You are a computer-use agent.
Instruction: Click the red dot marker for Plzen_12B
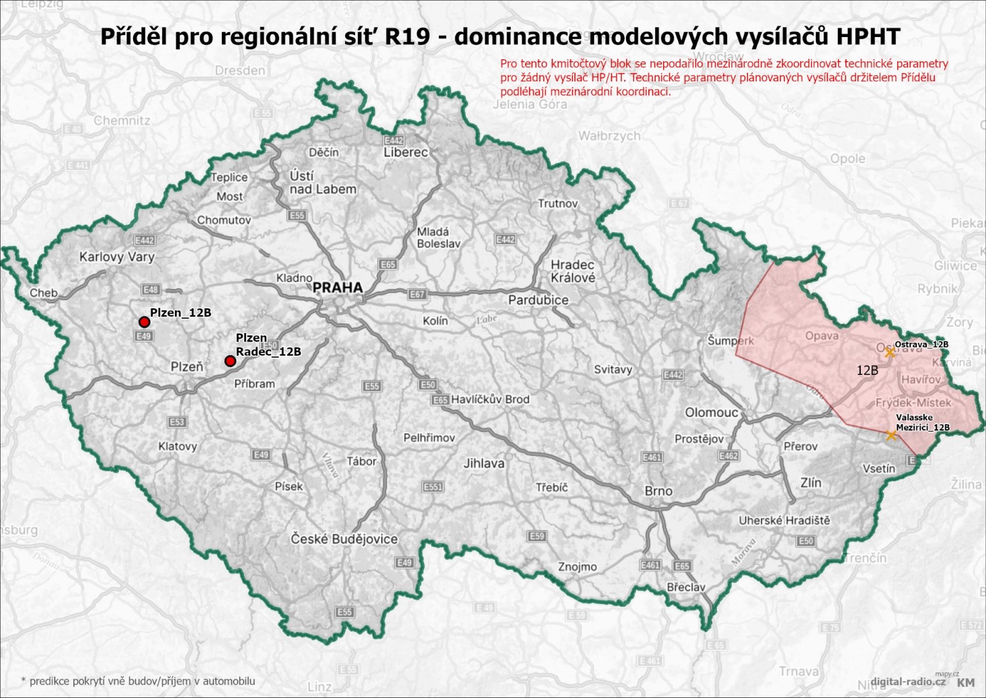[144, 322]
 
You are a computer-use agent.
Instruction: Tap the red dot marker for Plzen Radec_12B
[230, 361]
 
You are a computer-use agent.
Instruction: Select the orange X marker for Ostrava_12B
[889, 352]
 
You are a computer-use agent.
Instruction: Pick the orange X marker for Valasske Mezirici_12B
[890, 435]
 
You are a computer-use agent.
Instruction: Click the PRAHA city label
[337, 287]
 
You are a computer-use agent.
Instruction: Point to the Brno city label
[658, 491]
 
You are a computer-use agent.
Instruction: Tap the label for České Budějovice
[344, 539]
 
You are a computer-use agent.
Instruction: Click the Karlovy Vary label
[116, 257]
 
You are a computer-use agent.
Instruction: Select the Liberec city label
[405, 152]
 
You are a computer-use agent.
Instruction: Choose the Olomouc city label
[711, 412]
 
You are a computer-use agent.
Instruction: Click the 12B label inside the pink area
[867, 370]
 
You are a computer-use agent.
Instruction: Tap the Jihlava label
[483, 463]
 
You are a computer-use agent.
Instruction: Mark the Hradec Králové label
[572, 271]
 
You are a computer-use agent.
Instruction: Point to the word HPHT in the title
[868, 36]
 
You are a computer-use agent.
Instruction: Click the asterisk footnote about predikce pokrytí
[138, 681]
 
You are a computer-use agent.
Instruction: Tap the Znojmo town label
[577, 567]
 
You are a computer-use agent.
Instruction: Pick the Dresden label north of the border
[240, 70]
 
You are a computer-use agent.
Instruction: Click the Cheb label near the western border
[43, 293]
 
